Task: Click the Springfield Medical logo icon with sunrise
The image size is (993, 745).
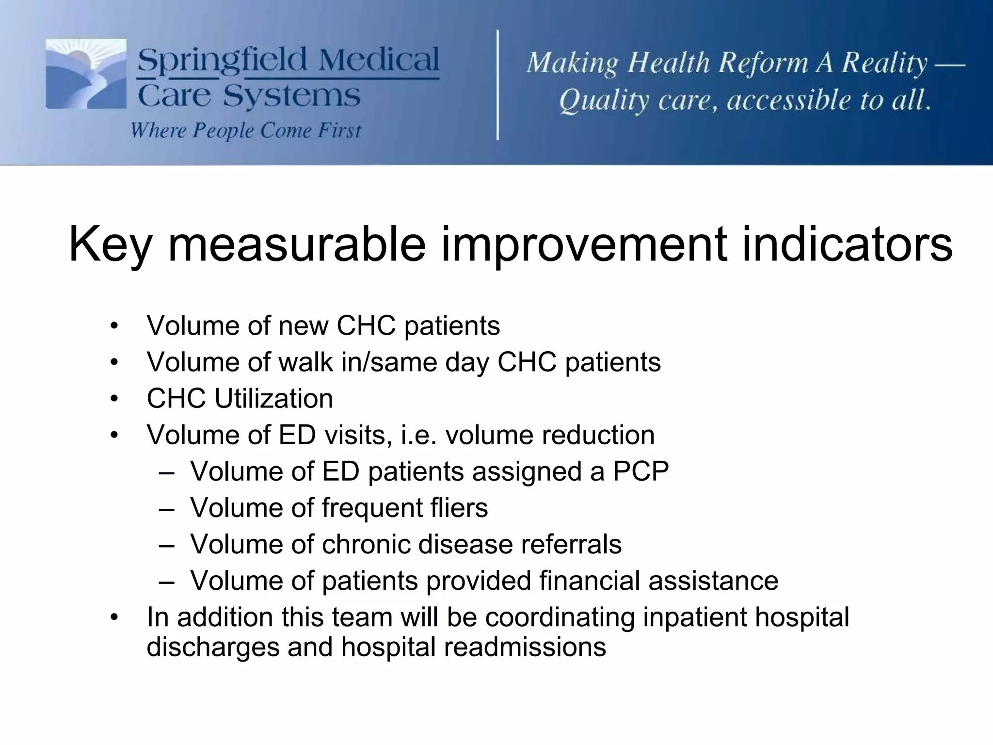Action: coord(86,74)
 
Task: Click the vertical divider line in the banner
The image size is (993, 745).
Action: coord(498,85)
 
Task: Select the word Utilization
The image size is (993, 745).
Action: coord(273,399)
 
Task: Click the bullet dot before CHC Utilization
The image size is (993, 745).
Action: coord(114,399)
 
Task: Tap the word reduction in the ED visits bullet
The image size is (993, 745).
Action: coord(598,435)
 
